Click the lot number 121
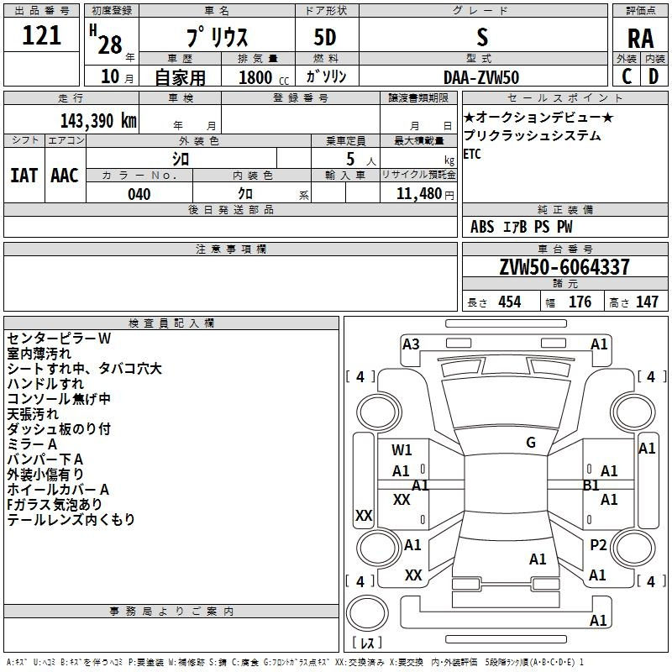(x=41, y=35)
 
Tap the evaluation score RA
(x=640, y=39)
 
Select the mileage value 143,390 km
(x=98, y=121)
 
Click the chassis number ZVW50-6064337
(x=564, y=267)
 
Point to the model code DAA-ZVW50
(x=481, y=77)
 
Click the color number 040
(x=139, y=194)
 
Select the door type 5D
(x=325, y=38)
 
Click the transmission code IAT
(x=24, y=176)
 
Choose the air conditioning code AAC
(x=65, y=176)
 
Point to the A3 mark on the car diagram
(x=411, y=344)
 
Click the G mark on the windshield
(x=531, y=443)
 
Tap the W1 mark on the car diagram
(x=402, y=449)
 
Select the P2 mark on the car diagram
(x=598, y=544)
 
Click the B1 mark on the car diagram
(x=591, y=486)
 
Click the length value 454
(x=510, y=302)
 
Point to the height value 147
(x=647, y=302)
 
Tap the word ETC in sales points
(x=472, y=154)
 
